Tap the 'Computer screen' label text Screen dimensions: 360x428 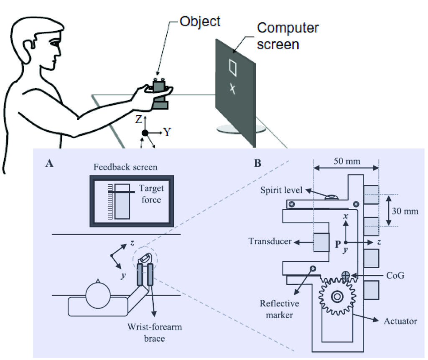(288, 35)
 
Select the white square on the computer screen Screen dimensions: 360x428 (233, 68)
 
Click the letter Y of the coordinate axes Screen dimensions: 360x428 (167, 132)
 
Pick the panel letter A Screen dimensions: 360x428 (49, 164)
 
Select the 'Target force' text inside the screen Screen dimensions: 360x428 (150, 194)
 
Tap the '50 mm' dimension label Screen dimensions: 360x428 (346, 160)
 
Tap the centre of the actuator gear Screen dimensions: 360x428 (336, 297)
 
